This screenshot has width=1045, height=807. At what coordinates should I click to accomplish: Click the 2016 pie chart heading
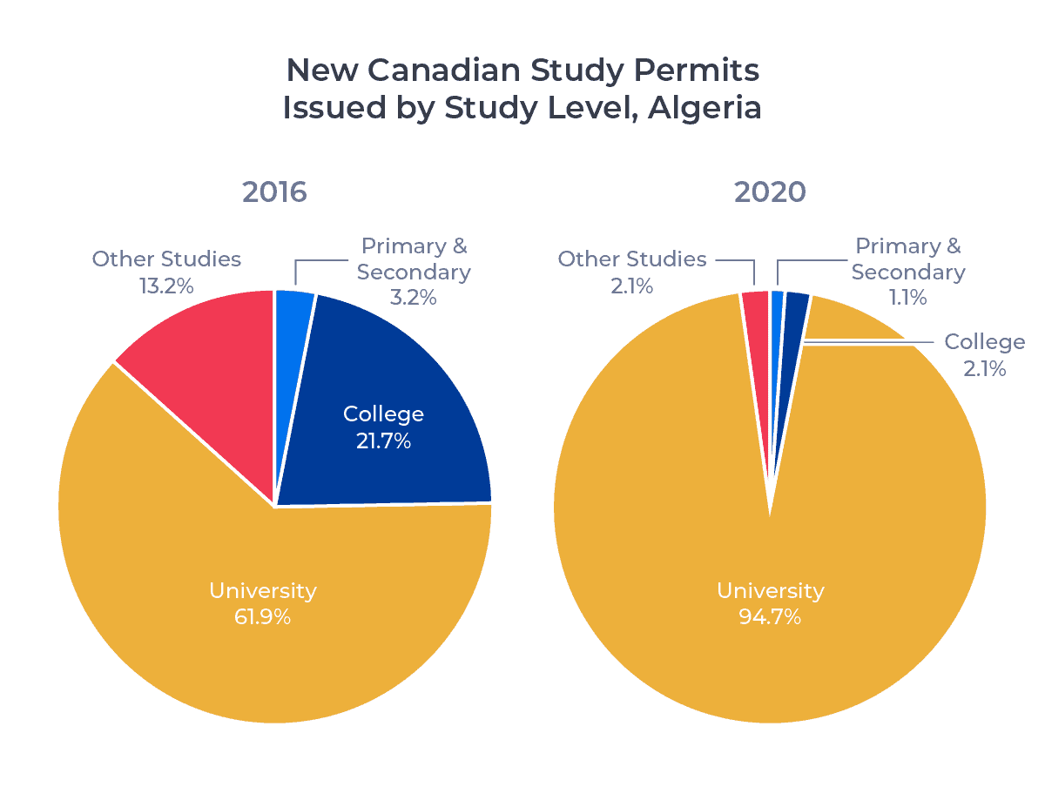point(274,192)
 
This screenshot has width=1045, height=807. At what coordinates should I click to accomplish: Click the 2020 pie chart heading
point(770,192)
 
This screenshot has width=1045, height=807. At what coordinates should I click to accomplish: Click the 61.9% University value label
point(262,617)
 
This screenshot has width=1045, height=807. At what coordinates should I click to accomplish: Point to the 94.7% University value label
point(770,617)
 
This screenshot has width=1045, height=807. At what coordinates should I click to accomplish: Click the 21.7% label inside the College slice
point(383,441)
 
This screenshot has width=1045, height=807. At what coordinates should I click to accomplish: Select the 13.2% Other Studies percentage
point(166,286)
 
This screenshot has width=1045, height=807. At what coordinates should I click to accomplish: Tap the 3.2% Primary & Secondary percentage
point(414,298)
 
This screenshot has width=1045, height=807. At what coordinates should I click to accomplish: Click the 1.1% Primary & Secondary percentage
point(907,298)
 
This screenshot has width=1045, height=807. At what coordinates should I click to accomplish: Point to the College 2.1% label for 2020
point(985,368)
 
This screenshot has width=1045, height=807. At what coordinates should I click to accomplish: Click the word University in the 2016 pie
point(262,591)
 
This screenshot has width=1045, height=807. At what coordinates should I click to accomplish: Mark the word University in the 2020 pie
point(770,591)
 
